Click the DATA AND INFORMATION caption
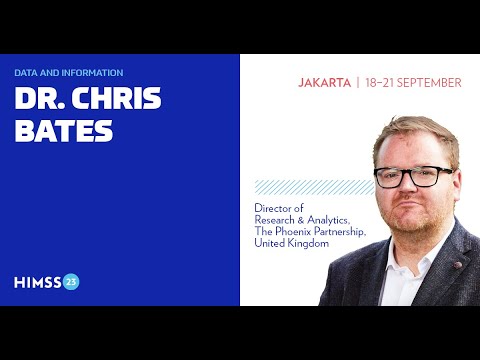coord(69,73)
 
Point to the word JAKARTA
coord(324,83)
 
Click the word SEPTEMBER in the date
coord(427,83)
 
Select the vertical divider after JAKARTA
coord(357,83)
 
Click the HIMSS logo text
coord(37,281)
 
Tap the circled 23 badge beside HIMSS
coord(71,281)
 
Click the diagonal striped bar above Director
coord(300,187)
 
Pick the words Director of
coord(277,207)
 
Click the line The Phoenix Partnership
coord(310,231)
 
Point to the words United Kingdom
coord(291,243)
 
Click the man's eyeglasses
coord(412,177)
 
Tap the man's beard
coord(415,222)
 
